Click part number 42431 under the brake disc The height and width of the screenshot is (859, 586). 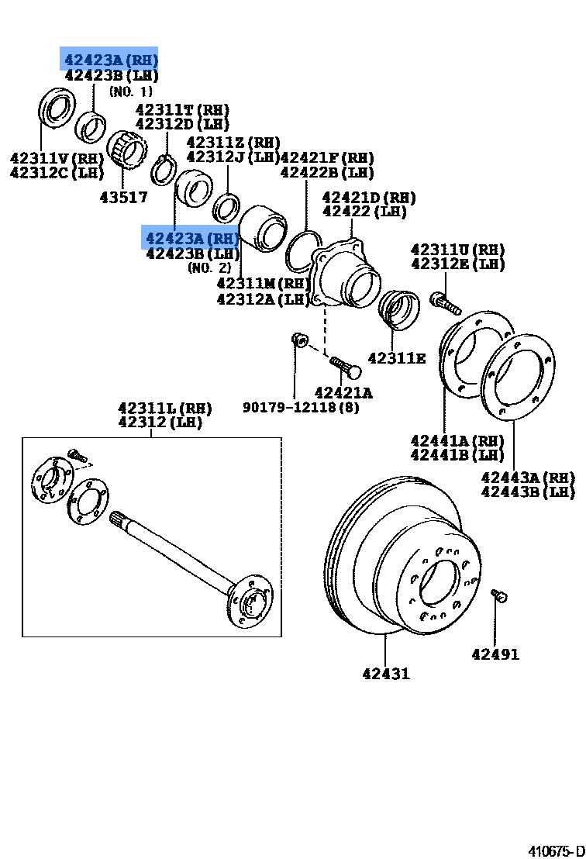(385, 674)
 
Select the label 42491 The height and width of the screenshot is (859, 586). (495, 655)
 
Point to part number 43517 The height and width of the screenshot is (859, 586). (123, 198)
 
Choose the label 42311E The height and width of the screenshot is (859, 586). (396, 358)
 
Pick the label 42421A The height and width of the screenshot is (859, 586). (343, 393)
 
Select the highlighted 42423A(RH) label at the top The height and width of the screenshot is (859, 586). (110, 59)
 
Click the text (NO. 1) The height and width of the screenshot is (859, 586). (130, 91)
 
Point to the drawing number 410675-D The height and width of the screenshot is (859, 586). (556, 850)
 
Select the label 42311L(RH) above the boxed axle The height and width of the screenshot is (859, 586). (164, 408)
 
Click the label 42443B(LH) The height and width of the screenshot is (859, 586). (527, 492)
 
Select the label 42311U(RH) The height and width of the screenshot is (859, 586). (457, 250)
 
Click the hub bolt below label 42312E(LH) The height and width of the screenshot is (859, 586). (443, 301)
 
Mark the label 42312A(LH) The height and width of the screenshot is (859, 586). (264, 299)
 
